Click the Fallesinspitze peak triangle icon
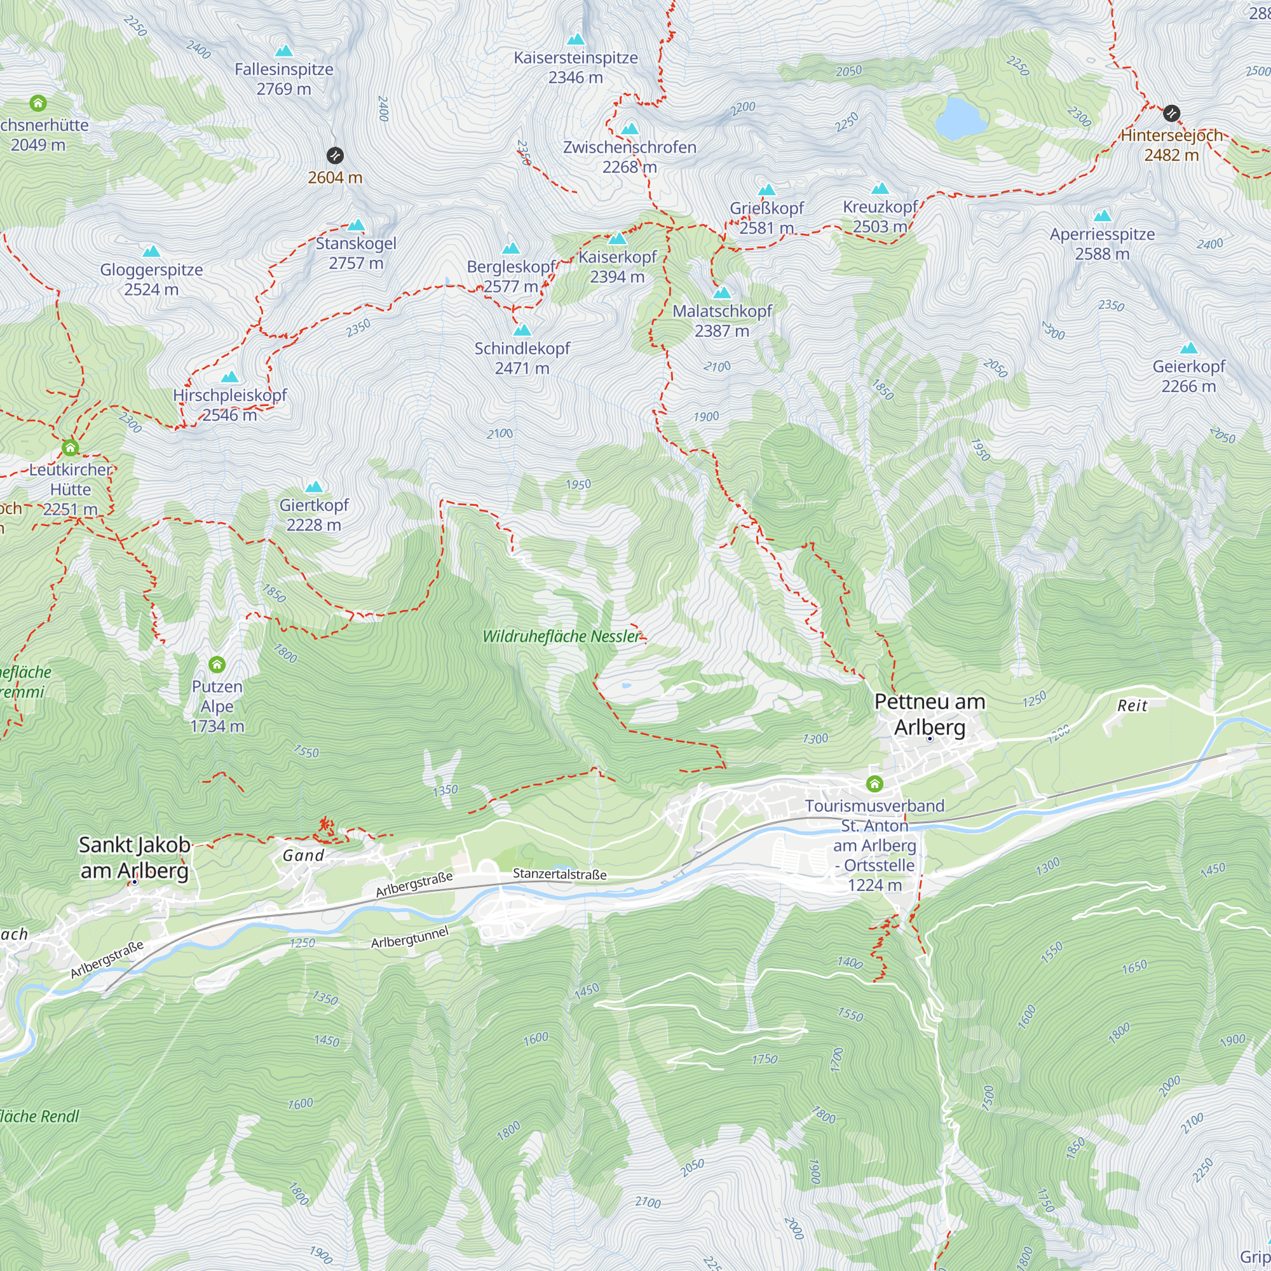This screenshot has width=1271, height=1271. click(x=283, y=51)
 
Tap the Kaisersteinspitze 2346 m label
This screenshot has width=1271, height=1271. click(x=576, y=67)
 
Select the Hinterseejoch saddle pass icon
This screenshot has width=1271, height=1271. click(x=1171, y=113)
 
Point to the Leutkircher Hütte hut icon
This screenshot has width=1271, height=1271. click(x=71, y=448)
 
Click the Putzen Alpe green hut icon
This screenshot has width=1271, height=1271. click(x=217, y=665)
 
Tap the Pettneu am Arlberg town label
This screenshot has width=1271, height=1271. click(x=929, y=714)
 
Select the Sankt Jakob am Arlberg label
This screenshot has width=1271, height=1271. click(x=135, y=857)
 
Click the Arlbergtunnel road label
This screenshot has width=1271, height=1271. click(x=409, y=937)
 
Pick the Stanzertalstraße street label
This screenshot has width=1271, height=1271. click(x=559, y=874)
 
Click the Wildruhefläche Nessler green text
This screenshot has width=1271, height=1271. click(x=561, y=636)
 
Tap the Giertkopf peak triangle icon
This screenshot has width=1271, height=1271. click(x=314, y=487)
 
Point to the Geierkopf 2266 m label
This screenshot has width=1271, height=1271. click(x=1188, y=376)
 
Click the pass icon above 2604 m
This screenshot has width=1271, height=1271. click(x=335, y=155)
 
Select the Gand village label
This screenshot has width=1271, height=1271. click(x=303, y=855)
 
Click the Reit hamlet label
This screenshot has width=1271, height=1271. click(x=1132, y=706)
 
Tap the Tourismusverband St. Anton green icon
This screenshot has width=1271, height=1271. click(x=874, y=784)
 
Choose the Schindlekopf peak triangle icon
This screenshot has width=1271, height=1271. click(x=522, y=330)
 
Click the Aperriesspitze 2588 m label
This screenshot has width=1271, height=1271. click(x=1102, y=243)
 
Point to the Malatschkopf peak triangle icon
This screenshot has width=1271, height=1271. click(x=722, y=293)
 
